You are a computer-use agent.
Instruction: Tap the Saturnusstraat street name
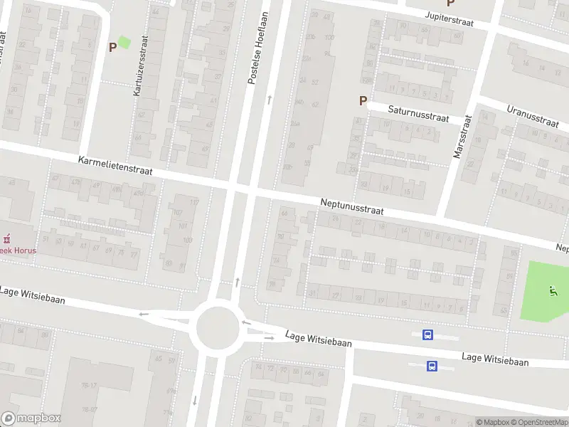(418, 113)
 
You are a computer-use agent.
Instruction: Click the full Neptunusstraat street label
(352, 207)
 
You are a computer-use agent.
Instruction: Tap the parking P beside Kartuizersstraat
(112, 47)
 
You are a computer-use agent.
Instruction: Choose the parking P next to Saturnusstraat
(363, 101)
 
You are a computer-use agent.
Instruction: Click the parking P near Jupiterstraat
(450, 4)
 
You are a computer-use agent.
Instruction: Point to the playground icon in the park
(553, 290)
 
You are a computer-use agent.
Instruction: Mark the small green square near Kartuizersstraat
(124, 43)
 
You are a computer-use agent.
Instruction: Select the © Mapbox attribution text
(493, 422)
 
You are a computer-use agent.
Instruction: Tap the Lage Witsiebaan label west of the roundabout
(32, 295)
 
